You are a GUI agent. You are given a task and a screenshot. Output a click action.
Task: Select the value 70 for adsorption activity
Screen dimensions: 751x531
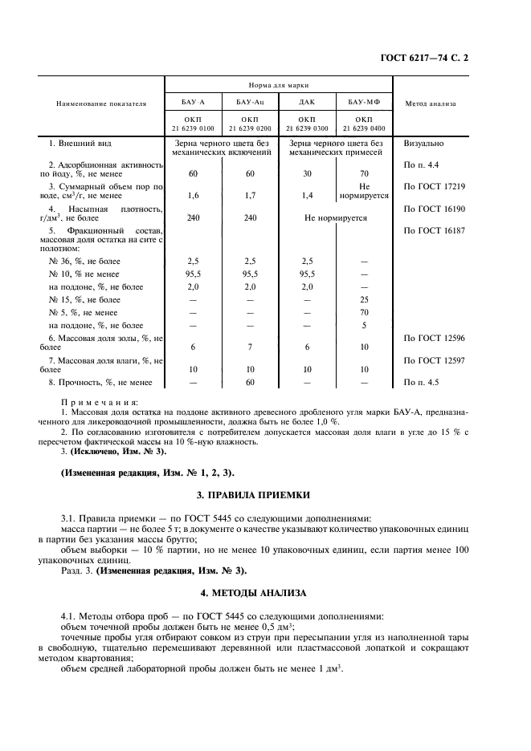pyautogui.click(x=364, y=173)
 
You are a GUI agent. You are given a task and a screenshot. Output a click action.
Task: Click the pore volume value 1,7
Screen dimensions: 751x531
pyautogui.click(x=249, y=195)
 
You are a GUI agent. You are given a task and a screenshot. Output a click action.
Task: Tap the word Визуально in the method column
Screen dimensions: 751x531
pyautogui.click(x=423, y=144)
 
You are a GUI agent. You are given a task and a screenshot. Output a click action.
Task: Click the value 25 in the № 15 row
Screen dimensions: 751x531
pyautogui.click(x=364, y=299)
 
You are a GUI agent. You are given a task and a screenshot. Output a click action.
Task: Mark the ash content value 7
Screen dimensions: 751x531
pyautogui.click(x=249, y=347)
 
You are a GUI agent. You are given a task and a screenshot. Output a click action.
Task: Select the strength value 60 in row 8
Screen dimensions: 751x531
pyautogui.click(x=249, y=383)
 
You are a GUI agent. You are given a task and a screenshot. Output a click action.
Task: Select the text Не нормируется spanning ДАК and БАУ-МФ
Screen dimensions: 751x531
pyautogui.click(x=335, y=217)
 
